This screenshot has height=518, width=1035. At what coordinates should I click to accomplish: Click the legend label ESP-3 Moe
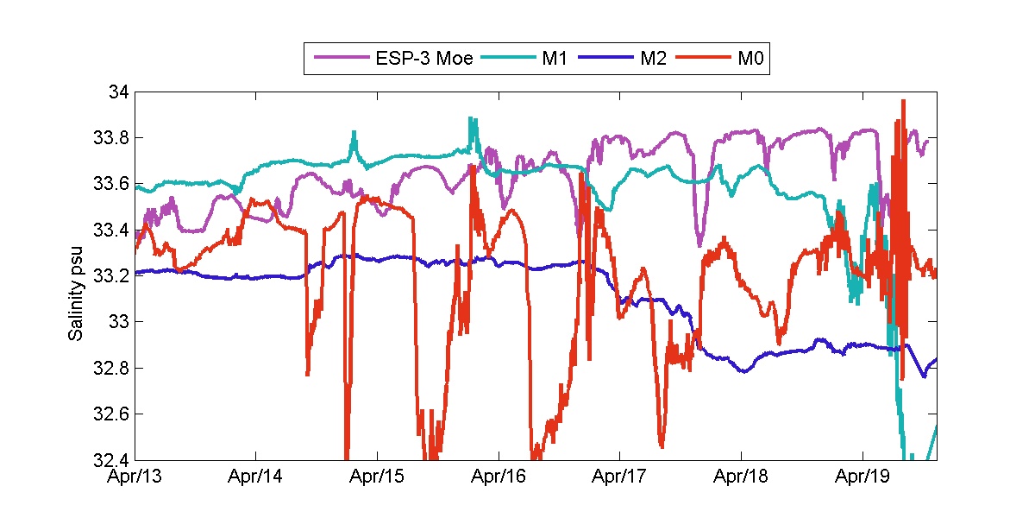[423, 59]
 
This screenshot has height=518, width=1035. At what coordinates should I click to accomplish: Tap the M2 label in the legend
[653, 59]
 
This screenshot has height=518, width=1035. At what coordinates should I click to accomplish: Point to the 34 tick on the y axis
[119, 92]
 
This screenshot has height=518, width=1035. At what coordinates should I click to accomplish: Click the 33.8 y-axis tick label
[111, 138]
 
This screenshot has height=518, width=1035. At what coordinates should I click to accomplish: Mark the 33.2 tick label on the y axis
[111, 276]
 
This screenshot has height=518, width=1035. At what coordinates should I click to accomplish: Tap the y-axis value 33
[119, 322]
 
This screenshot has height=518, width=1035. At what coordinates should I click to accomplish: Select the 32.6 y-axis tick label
[111, 414]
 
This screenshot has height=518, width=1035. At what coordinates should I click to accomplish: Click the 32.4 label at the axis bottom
[111, 460]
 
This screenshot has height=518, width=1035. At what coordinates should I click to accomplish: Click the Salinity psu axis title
[76, 276]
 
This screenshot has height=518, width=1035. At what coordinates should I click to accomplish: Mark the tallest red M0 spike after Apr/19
[903, 101]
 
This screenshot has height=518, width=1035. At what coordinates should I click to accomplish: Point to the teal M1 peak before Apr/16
[470, 118]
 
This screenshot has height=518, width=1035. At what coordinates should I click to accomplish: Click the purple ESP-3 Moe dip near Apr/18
[699, 244]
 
